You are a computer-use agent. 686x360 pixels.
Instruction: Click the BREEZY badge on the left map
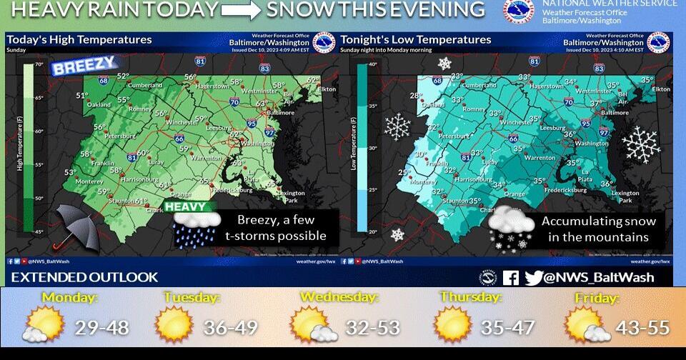click(84, 66)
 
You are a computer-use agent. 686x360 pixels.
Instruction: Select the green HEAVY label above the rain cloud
click(191, 207)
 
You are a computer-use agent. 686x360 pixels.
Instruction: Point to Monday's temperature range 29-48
click(102, 327)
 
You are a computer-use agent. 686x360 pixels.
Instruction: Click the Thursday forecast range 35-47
click(507, 327)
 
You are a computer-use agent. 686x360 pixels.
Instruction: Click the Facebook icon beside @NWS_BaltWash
click(511, 278)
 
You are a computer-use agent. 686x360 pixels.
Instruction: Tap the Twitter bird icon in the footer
click(534, 278)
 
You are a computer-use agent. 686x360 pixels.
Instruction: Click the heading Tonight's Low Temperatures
click(416, 40)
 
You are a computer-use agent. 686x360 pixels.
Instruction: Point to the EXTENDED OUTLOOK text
click(84, 277)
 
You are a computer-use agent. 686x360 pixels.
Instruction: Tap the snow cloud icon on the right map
click(512, 227)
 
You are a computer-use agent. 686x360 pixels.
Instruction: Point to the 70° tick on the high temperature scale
click(39, 65)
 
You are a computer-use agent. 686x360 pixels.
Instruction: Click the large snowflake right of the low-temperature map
click(640, 145)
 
